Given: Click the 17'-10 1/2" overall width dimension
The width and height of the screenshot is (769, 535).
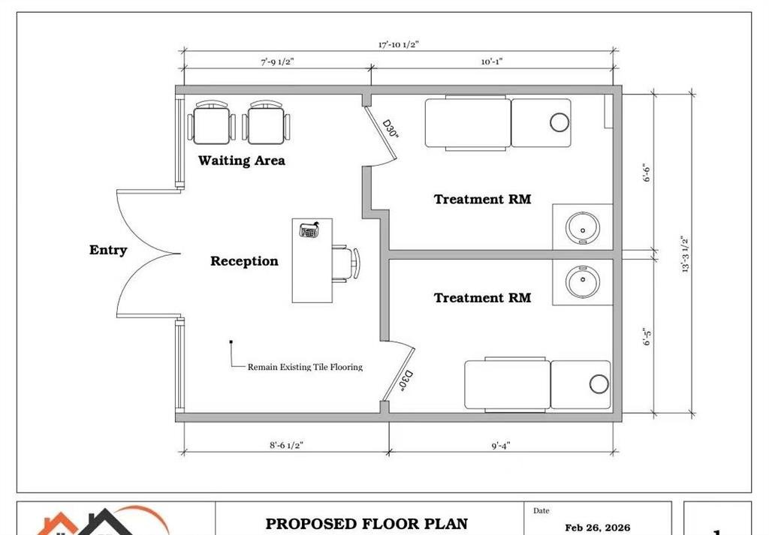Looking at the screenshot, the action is tap(398, 44).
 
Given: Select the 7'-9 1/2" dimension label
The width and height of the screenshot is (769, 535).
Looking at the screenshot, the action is tap(278, 62).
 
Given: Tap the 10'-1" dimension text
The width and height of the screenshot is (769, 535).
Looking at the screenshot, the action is tap(492, 62).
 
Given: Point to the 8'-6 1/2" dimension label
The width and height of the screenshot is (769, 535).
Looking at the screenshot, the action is tap(286, 445).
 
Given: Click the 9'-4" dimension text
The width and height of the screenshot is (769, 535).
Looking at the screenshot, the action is tap(501, 445).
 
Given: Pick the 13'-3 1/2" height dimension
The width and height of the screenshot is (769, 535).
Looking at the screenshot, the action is tap(686, 254).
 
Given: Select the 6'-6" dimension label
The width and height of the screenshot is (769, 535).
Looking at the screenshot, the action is tap(647, 173).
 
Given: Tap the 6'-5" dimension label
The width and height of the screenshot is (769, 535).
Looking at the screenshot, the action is tap(647, 337).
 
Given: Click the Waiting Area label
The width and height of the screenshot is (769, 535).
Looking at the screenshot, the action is tap(241, 161).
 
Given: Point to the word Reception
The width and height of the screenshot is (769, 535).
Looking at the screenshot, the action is tap(244, 261).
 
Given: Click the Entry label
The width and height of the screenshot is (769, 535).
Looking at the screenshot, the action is tap(108, 250).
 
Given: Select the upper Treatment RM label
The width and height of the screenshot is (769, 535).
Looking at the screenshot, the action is tap(482, 200).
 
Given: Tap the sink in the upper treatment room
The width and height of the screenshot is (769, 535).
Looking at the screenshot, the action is tap(583, 228).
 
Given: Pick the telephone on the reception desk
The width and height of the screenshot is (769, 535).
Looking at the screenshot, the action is tap(309, 230).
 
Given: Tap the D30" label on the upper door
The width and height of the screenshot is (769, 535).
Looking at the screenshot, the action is tap(391, 128).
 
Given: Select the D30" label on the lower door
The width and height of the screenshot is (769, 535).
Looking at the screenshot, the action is tap(406, 381).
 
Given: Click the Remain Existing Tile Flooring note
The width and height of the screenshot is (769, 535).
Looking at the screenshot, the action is tap(305, 367).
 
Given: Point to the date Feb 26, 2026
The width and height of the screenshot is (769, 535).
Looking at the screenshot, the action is tap(597, 527).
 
